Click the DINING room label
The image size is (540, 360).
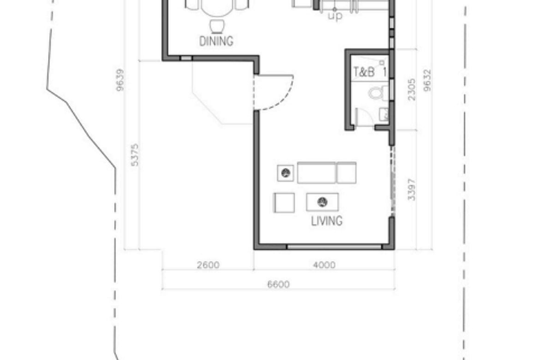[216, 42]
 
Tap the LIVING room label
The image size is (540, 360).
[327, 221]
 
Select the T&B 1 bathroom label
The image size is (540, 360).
[370, 72]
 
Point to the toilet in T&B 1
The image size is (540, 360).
[378, 93]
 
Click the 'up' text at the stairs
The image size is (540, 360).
[335, 16]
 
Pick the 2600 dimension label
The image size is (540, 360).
[208, 265]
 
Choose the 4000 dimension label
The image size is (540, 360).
[324, 265]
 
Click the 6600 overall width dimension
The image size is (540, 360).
[278, 284]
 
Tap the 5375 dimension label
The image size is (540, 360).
[135, 155]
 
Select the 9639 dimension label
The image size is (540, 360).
[120, 80]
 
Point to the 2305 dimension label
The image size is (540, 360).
[412, 90]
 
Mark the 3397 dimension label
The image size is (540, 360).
[412, 190]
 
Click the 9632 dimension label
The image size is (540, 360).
[427, 80]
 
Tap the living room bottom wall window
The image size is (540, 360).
[334, 246]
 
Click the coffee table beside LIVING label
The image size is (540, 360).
[322, 202]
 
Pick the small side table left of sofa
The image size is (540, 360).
[286, 173]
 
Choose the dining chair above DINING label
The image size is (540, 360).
[217, 26]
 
